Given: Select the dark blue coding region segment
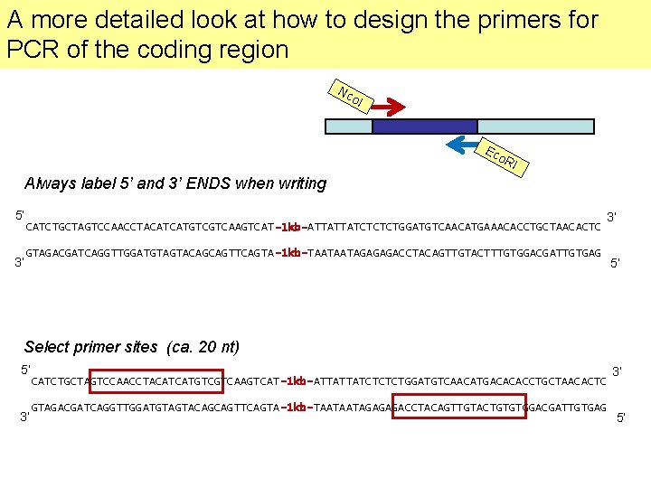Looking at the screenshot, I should pyautogui.click(x=424, y=126).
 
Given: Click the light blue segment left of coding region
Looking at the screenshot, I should pyautogui.click(x=348, y=126).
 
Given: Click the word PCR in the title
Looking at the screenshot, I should pyautogui.click(x=32, y=50).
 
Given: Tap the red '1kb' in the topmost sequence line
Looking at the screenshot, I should pyautogui.click(x=290, y=227).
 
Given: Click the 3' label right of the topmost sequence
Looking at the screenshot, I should pyautogui.click(x=612, y=217).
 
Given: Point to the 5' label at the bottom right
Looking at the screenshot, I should pyautogui.click(x=620, y=418).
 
